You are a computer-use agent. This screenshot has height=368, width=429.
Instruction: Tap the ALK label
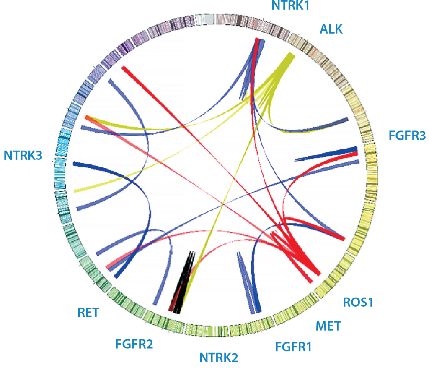tap(331, 29)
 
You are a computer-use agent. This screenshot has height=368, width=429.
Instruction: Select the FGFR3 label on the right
tap(407, 136)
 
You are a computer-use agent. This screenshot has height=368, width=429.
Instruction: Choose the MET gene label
tap(328, 325)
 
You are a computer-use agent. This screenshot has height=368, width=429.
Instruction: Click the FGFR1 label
tap(293, 347)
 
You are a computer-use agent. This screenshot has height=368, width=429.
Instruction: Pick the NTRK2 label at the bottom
tap(218, 358)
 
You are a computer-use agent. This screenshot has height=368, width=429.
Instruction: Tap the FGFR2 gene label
tap(134, 345)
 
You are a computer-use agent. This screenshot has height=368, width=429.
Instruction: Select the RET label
tap(88, 313)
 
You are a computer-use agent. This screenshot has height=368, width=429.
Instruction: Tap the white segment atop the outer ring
tap(205, 19)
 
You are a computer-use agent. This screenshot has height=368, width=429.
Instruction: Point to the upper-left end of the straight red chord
tap(123, 68)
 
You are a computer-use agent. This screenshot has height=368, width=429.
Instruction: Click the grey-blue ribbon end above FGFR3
tap(345, 120)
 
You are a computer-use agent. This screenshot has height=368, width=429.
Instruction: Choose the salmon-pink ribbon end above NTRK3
tap(87, 117)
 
